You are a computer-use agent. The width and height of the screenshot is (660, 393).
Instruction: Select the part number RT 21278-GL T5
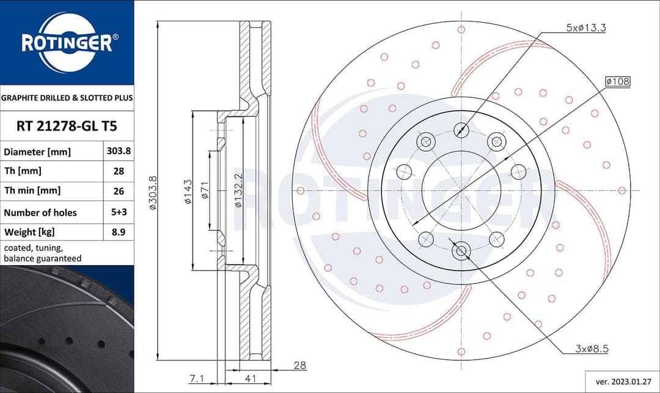pyautogui.click(x=66, y=127)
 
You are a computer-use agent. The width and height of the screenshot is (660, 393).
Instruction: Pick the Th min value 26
pyautogui.click(x=119, y=191)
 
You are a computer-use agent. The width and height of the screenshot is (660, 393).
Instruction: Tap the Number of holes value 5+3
pyautogui.click(x=119, y=212)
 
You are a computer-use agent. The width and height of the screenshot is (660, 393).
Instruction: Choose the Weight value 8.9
pyautogui.click(x=119, y=232)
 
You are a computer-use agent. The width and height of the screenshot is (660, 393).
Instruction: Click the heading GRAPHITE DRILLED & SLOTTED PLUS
pyautogui.click(x=67, y=97)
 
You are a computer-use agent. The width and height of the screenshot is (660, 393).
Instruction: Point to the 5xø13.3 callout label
pyautogui.click(x=585, y=28)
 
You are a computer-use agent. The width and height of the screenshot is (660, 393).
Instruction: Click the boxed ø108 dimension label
pyautogui.click(x=617, y=81)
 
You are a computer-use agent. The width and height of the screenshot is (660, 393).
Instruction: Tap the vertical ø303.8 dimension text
pyautogui.click(x=153, y=193)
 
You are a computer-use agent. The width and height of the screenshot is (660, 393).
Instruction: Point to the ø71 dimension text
pyautogui.click(x=206, y=192)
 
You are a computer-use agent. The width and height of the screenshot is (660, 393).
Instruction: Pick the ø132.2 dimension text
pyautogui.click(x=238, y=192)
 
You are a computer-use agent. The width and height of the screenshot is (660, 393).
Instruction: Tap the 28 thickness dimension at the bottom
pyautogui.click(x=300, y=365)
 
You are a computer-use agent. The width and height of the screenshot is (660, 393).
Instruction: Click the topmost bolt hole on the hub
pyautogui.click(x=461, y=129)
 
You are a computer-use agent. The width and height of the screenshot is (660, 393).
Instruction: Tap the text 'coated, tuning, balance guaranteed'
pyautogui.click(x=43, y=253)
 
